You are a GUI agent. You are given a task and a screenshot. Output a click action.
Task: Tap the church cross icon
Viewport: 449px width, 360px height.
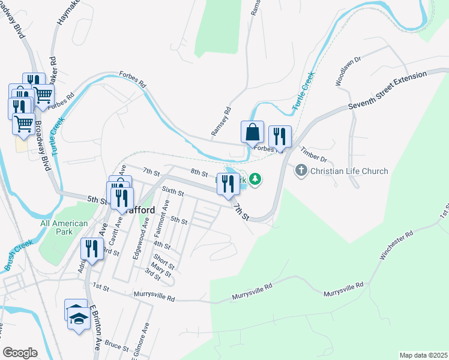click(x=301, y=171)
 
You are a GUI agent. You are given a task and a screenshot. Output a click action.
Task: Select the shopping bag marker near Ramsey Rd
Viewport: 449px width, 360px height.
click(x=253, y=132)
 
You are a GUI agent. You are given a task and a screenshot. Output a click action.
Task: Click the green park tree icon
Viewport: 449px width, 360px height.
click(x=256, y=179)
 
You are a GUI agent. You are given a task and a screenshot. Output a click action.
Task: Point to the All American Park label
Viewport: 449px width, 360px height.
click(x=64, y=227)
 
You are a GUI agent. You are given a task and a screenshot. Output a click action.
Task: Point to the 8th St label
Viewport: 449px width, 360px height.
click(x=199, y=173)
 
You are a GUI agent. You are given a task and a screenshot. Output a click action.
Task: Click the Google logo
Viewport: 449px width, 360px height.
click(x=20, y=353)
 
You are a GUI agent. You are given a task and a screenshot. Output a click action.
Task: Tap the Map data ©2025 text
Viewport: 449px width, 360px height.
click(x=423, y=355)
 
